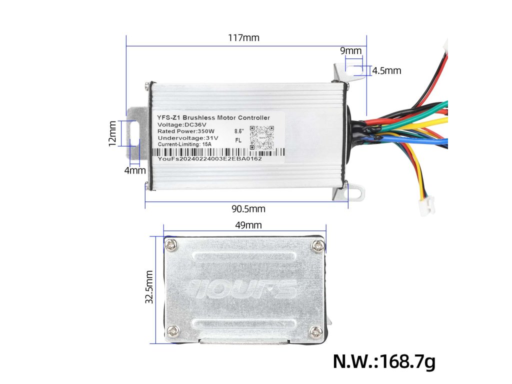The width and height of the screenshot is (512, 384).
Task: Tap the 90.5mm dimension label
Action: (248, 208)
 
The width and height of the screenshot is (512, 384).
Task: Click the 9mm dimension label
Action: (350, 51)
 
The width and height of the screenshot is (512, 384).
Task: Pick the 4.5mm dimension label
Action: (386, 71)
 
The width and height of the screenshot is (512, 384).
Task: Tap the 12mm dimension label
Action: (113, 133)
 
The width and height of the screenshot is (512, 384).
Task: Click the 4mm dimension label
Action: (135, 171)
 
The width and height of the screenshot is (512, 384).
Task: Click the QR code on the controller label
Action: (262, 137)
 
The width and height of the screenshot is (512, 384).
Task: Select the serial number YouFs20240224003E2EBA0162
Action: (209, 158)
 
